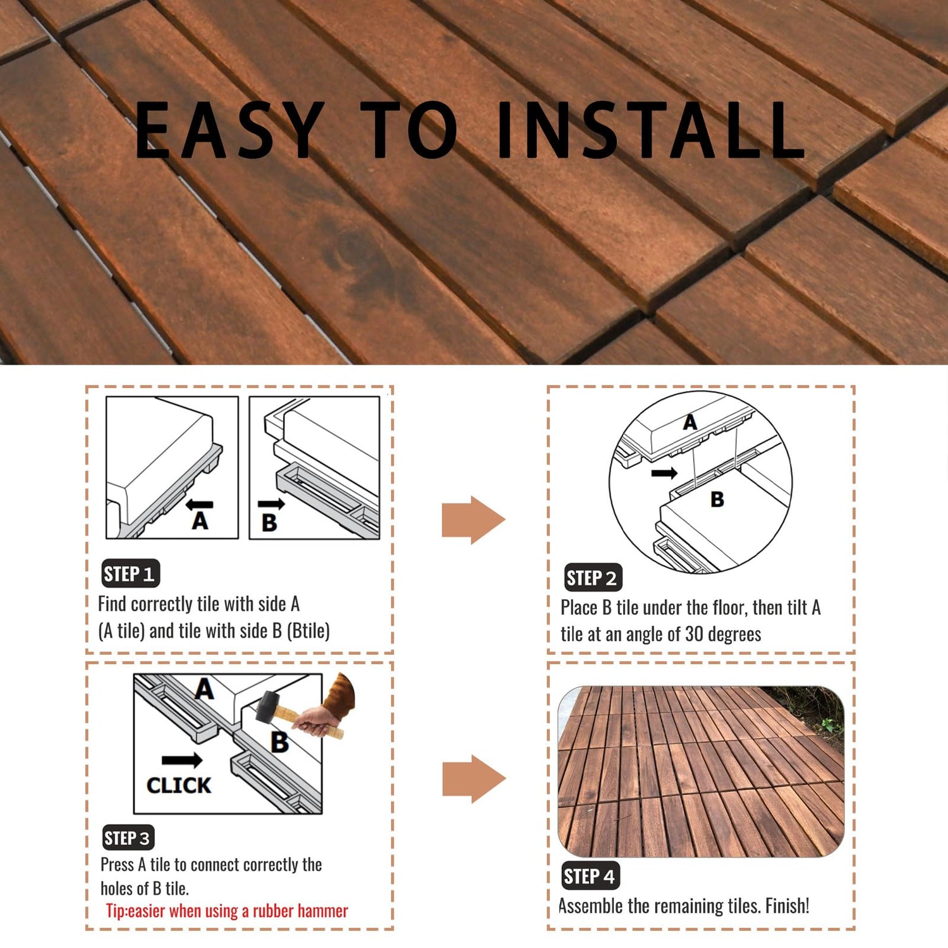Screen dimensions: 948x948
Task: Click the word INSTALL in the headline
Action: tap(651, 130)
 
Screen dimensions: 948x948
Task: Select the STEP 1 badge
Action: tap(130, 574)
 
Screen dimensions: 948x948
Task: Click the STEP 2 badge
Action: tap(593, 578)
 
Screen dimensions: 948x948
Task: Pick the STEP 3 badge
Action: tap(128, 838)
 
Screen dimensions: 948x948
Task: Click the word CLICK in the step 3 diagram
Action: tap(179, 785)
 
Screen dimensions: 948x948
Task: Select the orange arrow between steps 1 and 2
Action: tap(473, 520)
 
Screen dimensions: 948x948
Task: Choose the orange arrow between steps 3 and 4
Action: tap(474, 779)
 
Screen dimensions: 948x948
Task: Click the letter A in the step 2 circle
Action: tap(690, 422)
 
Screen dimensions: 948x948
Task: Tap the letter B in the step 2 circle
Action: tap(717, 499)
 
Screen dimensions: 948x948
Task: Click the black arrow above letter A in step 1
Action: tap(200, 504)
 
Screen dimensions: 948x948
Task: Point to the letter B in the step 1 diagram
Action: tap(269, 523)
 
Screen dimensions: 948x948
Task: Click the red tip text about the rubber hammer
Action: tap(227, 911)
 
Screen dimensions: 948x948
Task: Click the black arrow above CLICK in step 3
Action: tap(182, 760)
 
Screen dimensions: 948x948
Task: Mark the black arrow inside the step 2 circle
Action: tap(664, 473)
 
